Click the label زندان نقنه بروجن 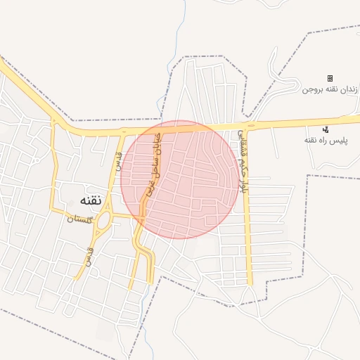(330, 90)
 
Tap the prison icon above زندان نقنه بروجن (330, 78)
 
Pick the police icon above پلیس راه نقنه (325, 129)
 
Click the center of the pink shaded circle (179, 179)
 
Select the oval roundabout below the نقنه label (103, 222)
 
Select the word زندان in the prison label (350, 90)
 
